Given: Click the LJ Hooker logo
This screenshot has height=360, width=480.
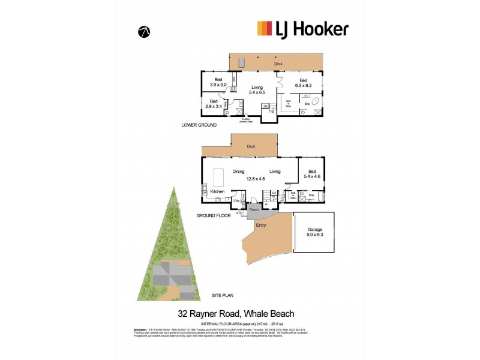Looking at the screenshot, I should click(x=302, y=28).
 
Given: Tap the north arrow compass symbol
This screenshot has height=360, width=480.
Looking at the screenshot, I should click(x=144, y=32).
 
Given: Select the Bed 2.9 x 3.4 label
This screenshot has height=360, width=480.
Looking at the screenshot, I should click(x=213, y=104).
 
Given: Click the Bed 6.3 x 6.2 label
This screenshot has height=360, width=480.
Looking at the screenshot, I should click(x=303, y=83).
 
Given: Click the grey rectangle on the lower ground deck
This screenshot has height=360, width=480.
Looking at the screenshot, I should click(x=242, y=62).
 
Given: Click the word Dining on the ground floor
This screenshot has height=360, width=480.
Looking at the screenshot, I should click(x=238, y=171).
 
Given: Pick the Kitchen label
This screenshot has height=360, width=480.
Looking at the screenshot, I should click(x=217, y=191).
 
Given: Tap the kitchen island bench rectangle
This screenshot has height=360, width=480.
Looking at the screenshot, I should click(x=220, y=178).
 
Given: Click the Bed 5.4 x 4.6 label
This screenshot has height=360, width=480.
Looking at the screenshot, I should click(x=311, y=174).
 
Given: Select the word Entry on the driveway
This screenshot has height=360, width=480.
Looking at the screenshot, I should click(x=261, y=225).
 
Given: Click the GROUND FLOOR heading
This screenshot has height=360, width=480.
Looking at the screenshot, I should click(x=214, y=215).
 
